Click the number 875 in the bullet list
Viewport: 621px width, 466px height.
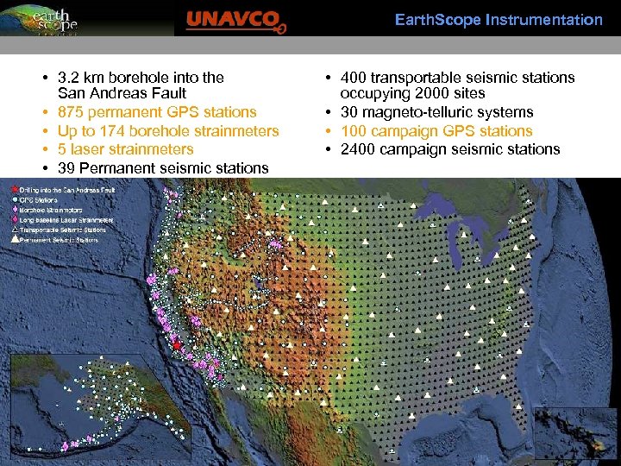coord(71,112)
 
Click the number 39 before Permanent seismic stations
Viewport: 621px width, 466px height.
coord(66,168)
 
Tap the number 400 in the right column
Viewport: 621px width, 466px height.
coord(354,78)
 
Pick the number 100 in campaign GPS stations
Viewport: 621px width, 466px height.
coord(354,131)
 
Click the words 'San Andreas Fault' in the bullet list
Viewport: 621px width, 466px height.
coord(122,93)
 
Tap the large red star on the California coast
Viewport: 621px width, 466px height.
coord(178,345)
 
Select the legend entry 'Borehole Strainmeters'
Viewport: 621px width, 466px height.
coord(52,210)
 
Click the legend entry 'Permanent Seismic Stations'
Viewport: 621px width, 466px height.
coord(57,240)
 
